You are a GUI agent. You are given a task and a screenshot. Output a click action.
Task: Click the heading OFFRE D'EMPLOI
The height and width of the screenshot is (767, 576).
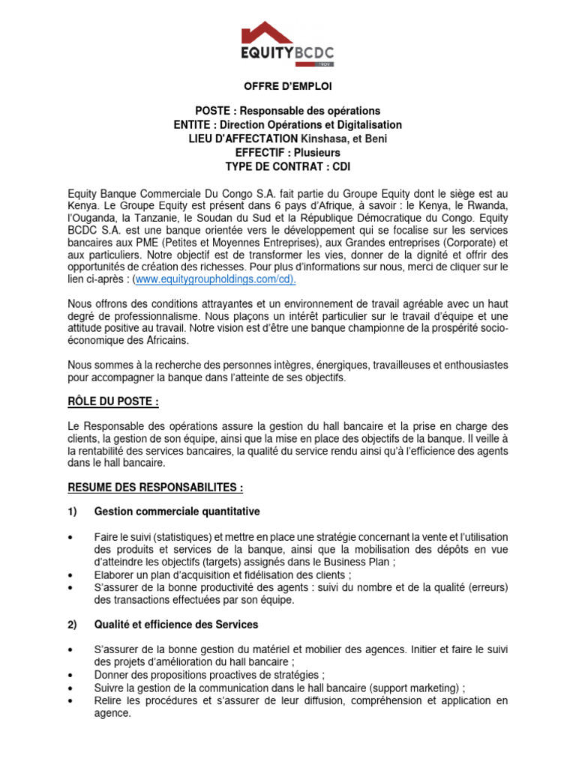click(287, 88)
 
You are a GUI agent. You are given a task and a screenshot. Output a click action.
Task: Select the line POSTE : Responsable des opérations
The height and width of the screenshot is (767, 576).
click(287, 111)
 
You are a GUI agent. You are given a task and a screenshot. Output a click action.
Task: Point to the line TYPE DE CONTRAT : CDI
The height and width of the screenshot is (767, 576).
click(287, 166)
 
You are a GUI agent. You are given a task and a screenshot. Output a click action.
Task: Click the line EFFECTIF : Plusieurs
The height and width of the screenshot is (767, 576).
click(287, 153)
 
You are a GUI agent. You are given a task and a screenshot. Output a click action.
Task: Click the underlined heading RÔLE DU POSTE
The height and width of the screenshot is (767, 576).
click(112, 402)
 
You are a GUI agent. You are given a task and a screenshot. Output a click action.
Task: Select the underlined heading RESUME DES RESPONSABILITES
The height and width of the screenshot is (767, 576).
click(155, 488)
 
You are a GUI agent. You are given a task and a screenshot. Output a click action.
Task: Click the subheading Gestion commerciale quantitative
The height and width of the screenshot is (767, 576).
click(177, 512)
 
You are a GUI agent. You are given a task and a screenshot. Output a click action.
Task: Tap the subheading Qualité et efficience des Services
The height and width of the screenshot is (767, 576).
click(175, 624)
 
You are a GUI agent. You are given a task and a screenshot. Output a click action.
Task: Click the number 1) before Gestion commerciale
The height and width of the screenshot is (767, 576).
click(73, 512)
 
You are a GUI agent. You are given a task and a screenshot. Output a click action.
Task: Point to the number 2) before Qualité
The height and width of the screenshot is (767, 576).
click(73, 624)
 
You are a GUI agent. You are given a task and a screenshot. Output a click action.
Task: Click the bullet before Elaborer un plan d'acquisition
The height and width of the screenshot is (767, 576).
click(70, 575)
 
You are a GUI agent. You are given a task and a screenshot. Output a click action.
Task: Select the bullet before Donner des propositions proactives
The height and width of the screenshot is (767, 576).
click(70, 675)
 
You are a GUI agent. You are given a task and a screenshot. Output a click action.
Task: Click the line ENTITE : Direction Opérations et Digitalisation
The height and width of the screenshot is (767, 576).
click(287, 125)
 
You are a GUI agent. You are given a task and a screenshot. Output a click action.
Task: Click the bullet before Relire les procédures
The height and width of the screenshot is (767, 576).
click(70, 700)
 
